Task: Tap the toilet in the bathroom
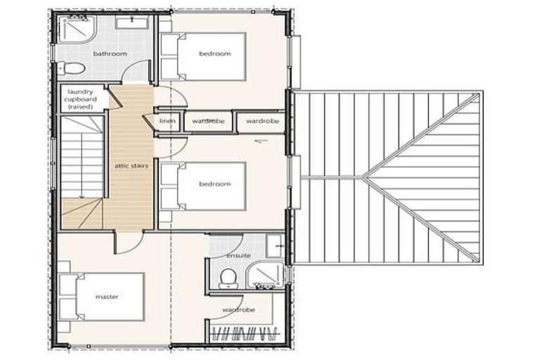[x=75, y=69]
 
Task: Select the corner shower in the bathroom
[x=73, y=30]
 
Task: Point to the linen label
[x=167, y=122]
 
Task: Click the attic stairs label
[x=131, y=166]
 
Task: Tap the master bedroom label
[x=107, y=297]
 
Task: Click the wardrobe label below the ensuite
[x=238, y=309]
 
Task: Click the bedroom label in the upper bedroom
[x=214, y=54]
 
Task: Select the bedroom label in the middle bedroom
[x=214, y=184]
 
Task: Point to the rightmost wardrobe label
[x=262, y=122]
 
